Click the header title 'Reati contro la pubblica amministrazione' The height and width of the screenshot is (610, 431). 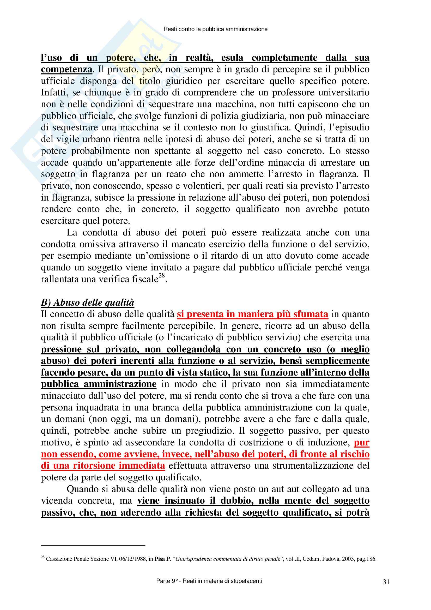coord(215,29)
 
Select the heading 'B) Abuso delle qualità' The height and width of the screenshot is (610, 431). coord(87,302)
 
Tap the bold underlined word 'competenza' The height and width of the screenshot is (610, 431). coord(66,69)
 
